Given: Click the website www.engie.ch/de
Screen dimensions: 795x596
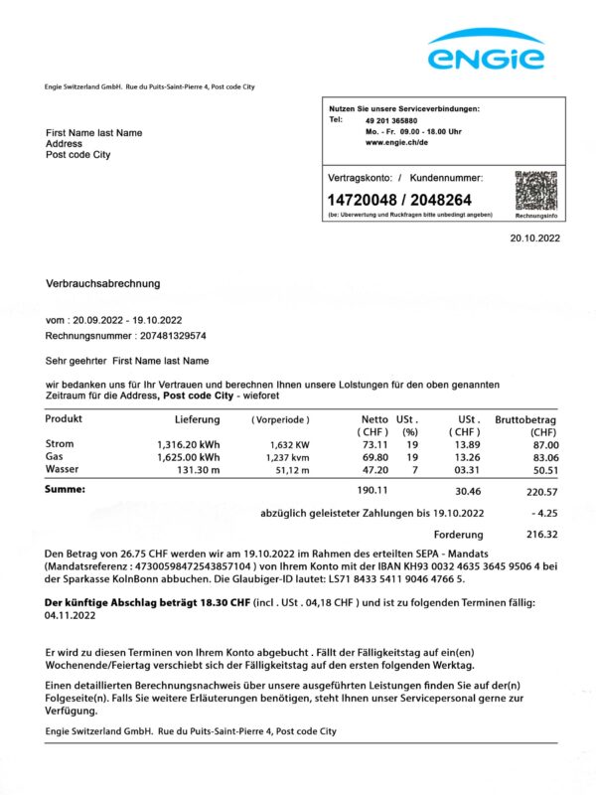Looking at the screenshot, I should (x=396, y=142).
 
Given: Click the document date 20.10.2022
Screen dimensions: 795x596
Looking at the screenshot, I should (x=535, y=238).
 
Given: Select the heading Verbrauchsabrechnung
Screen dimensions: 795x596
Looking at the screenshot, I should (x=103, y=283).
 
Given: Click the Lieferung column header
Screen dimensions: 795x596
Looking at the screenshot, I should (x=197, y=419).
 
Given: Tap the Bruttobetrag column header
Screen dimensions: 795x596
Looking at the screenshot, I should (x=525, y=419).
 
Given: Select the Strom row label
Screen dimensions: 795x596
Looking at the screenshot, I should (x=60, y=443).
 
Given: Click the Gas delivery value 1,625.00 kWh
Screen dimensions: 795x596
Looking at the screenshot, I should (x=189, y=456).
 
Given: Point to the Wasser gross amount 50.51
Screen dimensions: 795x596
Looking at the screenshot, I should (x=541, y=469).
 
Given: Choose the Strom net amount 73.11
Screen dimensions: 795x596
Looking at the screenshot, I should (x=373, y=443).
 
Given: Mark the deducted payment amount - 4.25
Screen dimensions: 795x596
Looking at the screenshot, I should (x=542, y=513).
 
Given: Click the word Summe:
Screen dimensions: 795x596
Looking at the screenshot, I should (x=66, y=490).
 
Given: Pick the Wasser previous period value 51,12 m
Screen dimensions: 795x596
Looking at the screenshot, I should (x=290, y=469).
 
